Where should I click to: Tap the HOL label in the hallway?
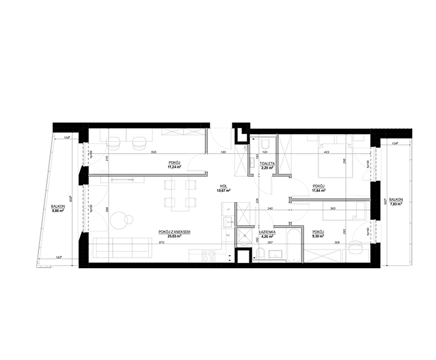(x=222, y=187)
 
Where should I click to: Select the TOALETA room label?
(x=267, y=164)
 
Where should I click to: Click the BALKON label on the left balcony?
(x=58, y=207)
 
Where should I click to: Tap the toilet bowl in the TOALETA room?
(x=265, y=143)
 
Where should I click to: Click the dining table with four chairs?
(x=180, y=194)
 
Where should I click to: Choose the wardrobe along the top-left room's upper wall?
(x=180, y=132)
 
